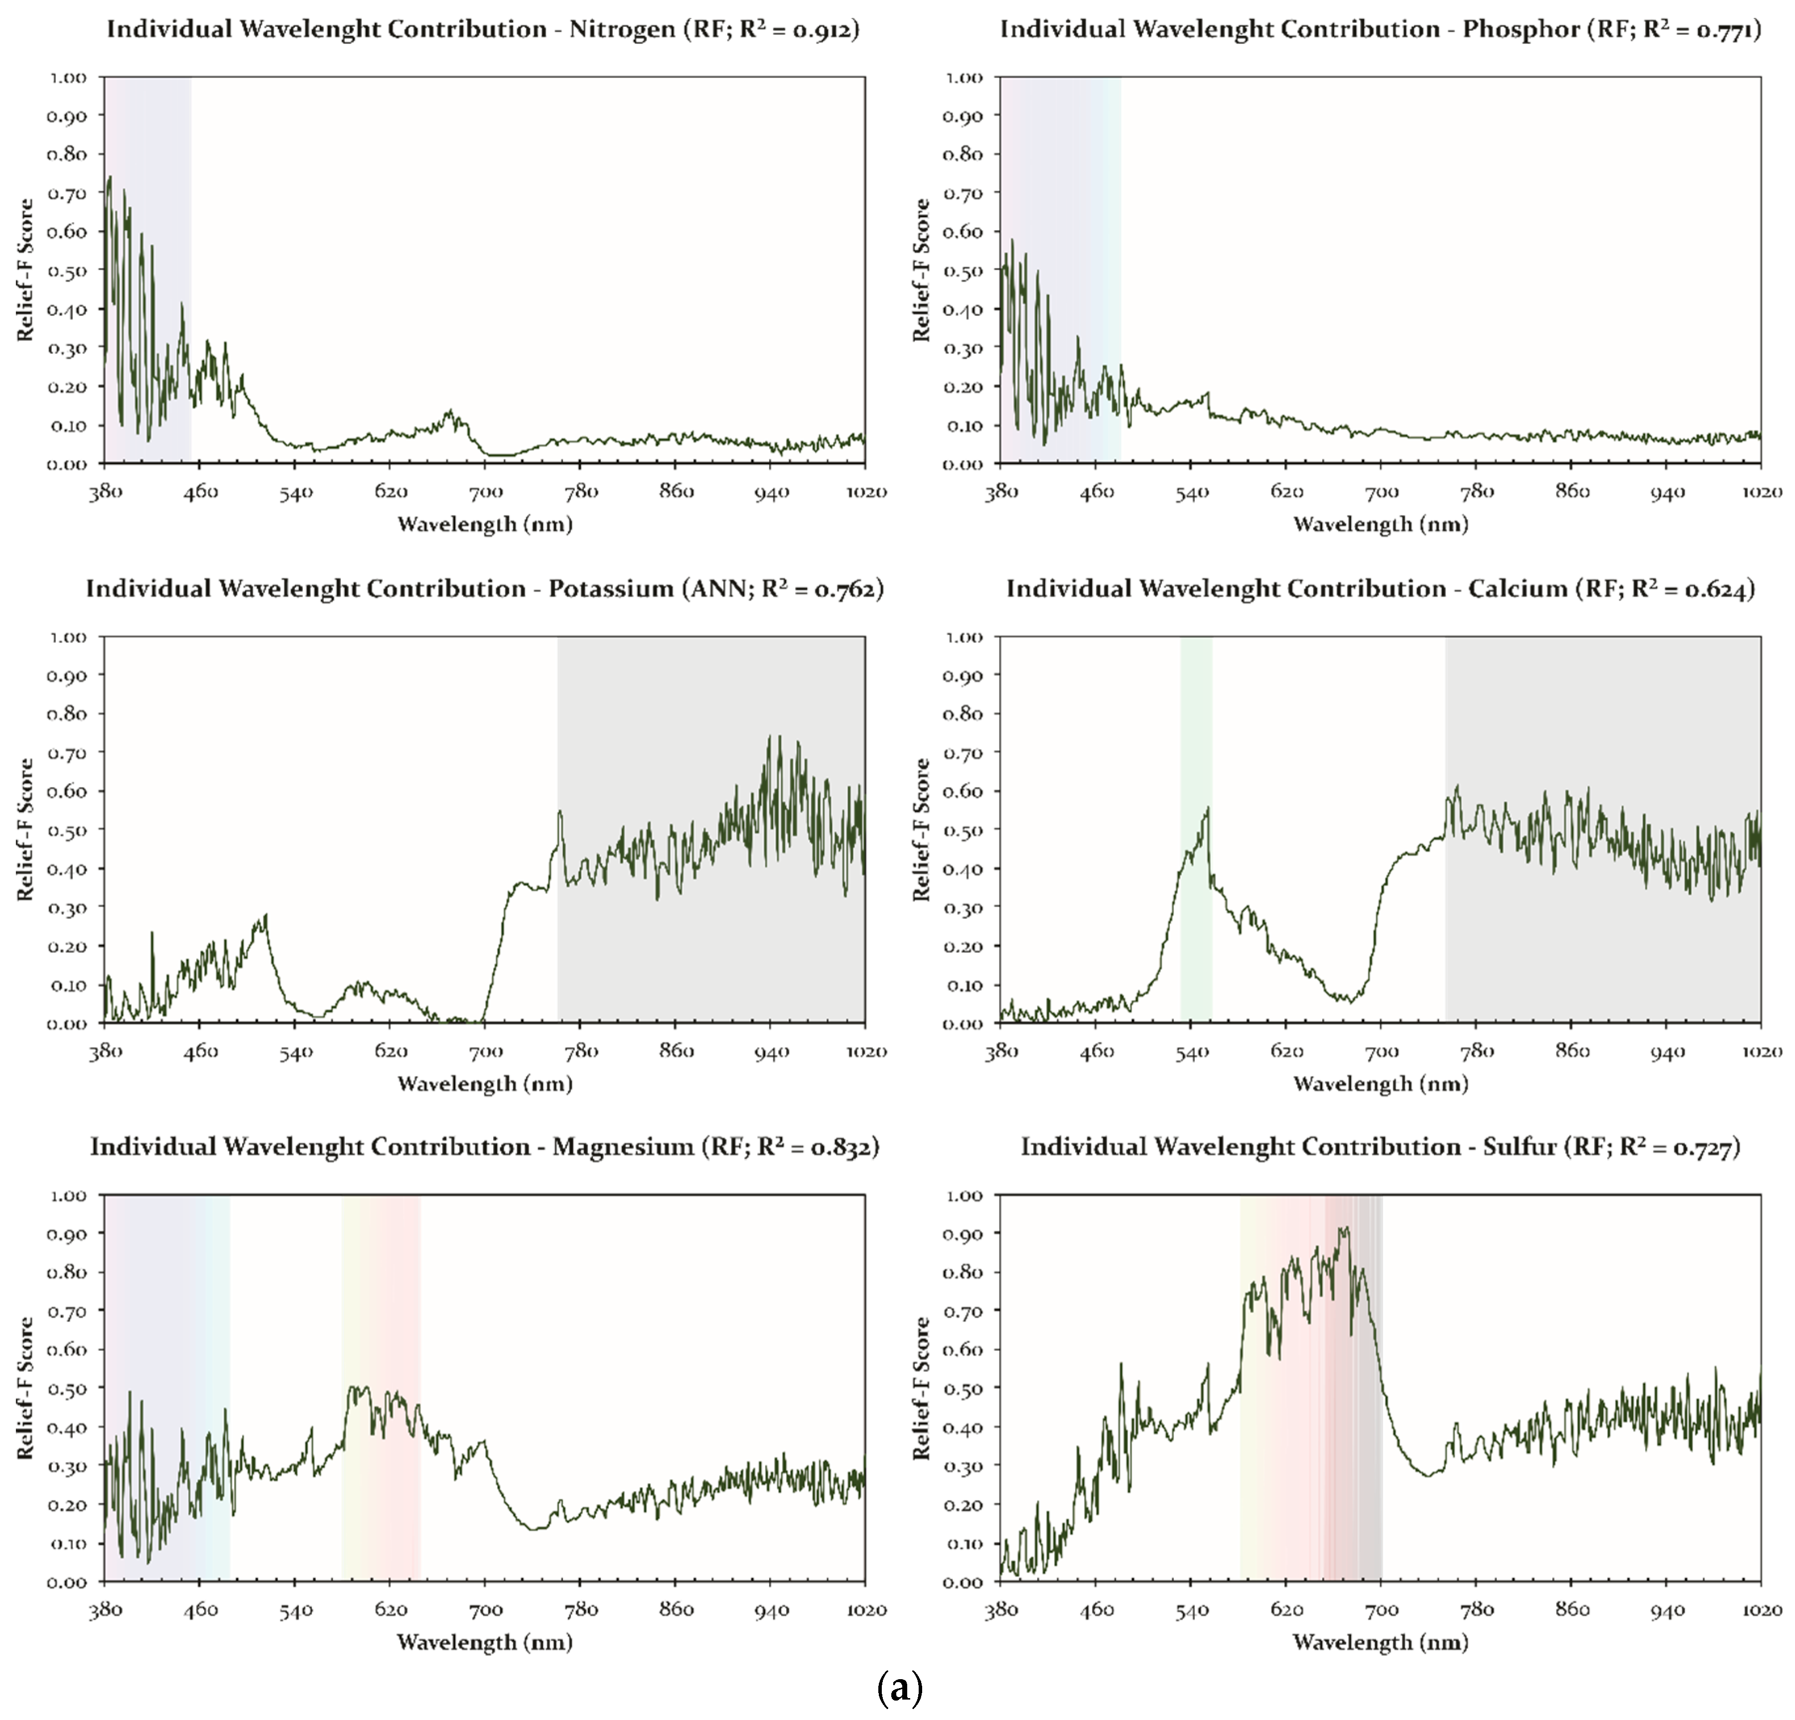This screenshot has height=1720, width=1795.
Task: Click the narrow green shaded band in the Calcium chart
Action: pyautogui.click(x=1196, y=829)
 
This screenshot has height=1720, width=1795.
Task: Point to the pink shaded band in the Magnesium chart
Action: pyautogui.click(x=396, y=1328)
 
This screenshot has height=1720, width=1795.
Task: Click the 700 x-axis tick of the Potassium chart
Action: pyautogui.click(x=485, y=1052)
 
